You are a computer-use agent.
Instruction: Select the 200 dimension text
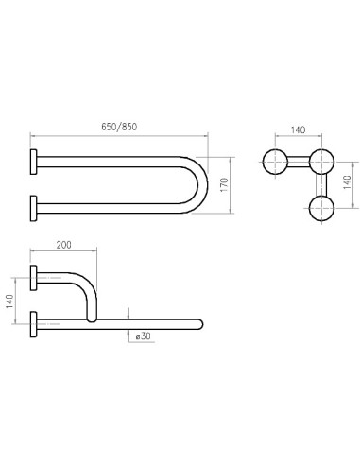(x=62, y=244)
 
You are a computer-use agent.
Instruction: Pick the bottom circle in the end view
(x=320, y=207)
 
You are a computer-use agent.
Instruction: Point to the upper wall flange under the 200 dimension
(x=34, y=277)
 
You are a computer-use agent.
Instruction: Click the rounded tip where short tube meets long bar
(x=92, y=319)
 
